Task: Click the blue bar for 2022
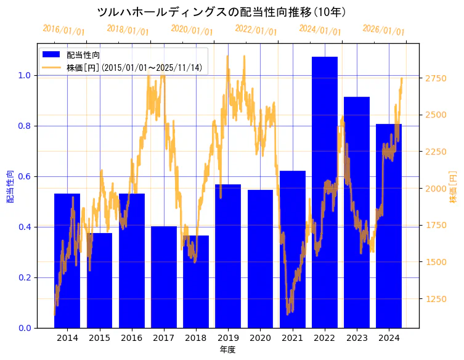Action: point(325,192)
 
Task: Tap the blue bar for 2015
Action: point(99,280)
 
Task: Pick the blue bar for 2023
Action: point(357,212)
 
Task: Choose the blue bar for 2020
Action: point(260,258)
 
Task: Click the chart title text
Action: point(222,12)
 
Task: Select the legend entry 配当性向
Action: point(84,55)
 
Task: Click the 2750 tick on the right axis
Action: point(436,78)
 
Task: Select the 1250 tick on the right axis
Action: point(436,299)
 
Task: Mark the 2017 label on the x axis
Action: point(163,338)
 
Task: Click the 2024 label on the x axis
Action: point(389,338)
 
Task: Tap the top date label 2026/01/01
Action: point(383,30)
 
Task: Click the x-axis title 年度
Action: point(228,350)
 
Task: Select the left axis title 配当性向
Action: point(9,186)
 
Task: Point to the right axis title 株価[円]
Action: point(454,187)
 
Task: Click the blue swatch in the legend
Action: point(52,55)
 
